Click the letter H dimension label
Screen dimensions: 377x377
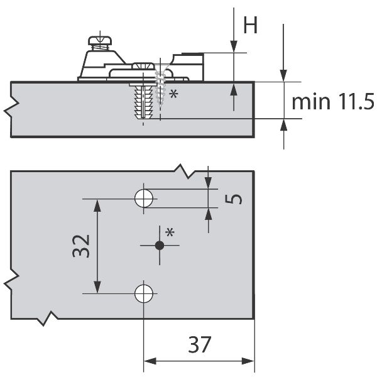point(250,25)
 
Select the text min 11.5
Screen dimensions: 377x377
point(333,101)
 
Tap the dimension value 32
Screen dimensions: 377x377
point(81,246)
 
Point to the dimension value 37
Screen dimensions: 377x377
point(200,344)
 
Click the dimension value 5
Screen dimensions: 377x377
point(234,199)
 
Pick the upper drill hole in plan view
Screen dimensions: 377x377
point(144,199)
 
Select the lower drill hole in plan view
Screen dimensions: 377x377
point(144,293)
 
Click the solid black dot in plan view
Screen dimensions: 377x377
point(160,246)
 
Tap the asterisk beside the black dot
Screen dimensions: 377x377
point(170,232)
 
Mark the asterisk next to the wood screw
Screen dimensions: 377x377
point(173,94)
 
